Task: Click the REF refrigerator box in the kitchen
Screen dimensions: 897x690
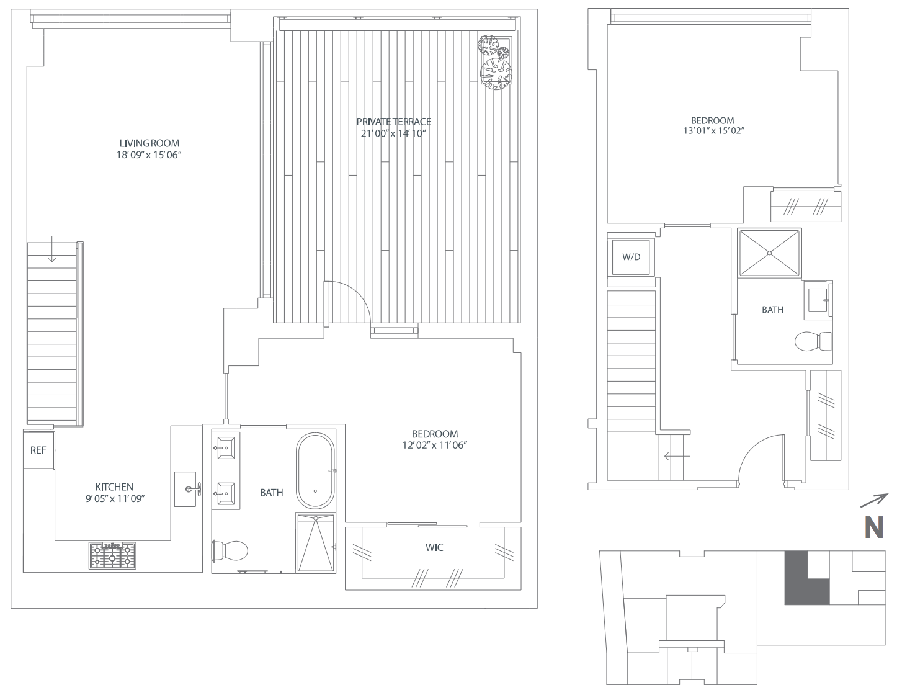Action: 39,450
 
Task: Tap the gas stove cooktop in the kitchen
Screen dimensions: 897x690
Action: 112,555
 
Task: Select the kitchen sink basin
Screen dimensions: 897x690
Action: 185,490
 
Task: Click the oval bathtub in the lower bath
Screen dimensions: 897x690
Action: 315,471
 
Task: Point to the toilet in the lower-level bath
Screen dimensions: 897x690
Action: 230,550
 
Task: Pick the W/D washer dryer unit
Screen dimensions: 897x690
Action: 631,257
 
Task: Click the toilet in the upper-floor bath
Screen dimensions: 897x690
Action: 813,341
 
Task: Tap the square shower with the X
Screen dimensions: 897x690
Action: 769,253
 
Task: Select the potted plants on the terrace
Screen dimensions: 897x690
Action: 496,62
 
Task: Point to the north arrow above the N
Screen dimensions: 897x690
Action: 874,501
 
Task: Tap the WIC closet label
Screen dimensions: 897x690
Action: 434,547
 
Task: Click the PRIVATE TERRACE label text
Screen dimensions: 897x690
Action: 394,122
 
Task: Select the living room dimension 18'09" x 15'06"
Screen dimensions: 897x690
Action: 149,155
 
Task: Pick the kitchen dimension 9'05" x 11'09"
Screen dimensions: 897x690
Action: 115,499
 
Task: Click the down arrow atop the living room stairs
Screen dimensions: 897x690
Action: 52,249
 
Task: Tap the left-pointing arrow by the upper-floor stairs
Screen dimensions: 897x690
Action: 677,456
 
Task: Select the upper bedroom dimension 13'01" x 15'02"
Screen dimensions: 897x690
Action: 714,131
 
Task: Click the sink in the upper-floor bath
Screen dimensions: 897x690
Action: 818,300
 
